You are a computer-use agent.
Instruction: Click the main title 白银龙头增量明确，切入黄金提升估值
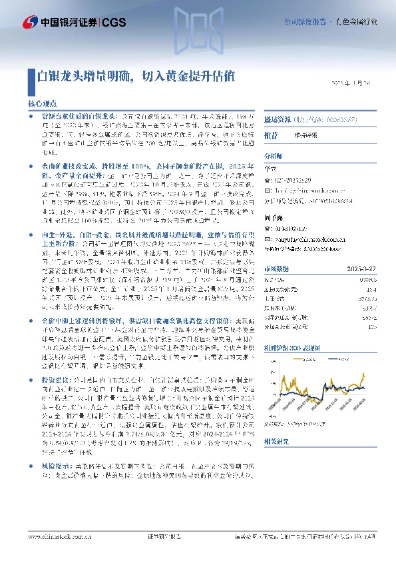tap(135, 77)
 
